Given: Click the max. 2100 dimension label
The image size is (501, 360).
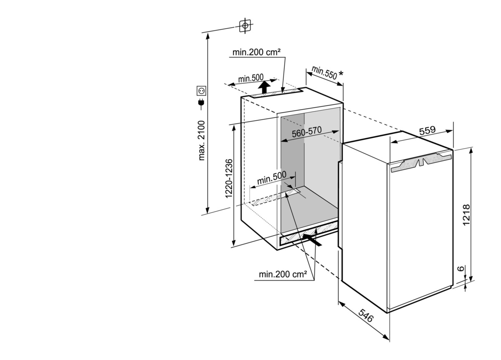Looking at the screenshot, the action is point(202,140).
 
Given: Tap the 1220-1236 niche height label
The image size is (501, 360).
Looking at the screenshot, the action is point(229,179).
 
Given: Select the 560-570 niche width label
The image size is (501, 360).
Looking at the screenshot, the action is point(306,132).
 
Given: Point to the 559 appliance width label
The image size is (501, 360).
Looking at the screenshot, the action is point(427,131).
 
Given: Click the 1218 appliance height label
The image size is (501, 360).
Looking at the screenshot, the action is point(466,215).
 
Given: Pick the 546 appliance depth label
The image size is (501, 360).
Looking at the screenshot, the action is point(366,315).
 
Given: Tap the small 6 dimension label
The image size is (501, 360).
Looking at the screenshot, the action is point(461,269).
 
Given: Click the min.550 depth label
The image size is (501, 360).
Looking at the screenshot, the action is point(324,73).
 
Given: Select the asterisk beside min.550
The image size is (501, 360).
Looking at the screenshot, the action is point(341,73).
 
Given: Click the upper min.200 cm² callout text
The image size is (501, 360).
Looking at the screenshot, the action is point(256,52).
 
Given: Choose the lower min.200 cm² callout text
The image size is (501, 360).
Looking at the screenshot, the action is point(283,274).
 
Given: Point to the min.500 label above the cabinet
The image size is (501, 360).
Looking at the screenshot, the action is point(251,79).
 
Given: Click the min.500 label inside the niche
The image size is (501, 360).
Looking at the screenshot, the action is point(272,178).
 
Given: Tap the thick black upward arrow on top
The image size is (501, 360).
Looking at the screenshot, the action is point(264,87).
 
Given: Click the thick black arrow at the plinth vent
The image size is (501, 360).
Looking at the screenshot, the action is point(312,240).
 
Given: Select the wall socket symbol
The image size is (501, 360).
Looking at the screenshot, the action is point(201,91).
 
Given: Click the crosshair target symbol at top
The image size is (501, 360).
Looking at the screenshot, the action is point(245,26).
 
